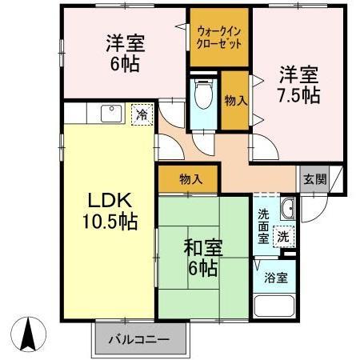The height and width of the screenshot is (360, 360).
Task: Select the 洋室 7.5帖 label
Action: pyautogui.click(x=299, y=85)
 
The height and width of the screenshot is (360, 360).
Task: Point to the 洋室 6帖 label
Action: pyautogui.click(x=126, y=53)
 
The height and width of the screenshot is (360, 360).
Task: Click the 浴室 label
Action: pyautogui.click(x=277, y=278)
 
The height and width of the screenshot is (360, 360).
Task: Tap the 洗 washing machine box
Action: pyautogui.click(x=282, y=236)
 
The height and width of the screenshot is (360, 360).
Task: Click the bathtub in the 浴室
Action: pyautogui.click(x=275, y=309)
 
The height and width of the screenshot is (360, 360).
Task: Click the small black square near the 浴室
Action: pyautogui.click(x=290, y=254)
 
